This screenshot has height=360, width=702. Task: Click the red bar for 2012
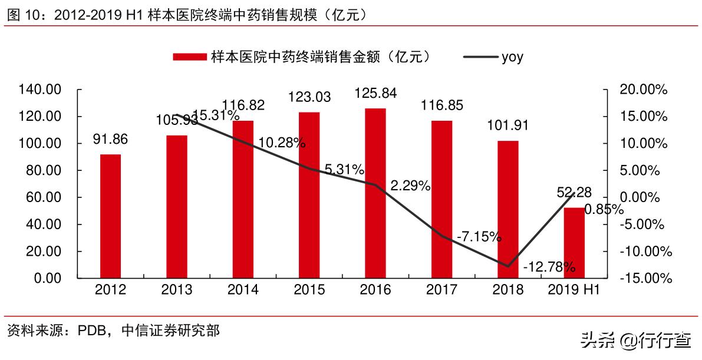[x=110, y=216]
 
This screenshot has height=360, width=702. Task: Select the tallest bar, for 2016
[x=375, y=193]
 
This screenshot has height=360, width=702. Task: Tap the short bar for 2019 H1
[x=574, y=242]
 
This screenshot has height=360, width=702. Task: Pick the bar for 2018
[x=508, y=209]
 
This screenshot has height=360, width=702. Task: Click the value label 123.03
[x=309, y=97]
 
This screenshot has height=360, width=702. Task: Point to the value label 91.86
[x=110, y=140]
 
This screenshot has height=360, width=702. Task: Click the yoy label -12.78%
[x=549, y=267]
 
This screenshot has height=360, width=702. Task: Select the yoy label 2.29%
[x=410, y=186]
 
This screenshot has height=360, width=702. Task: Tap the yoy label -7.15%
[x=479, y=237]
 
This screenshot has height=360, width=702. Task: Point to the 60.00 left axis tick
[x=44, y=197]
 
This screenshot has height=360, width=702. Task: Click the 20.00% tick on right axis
[x=644, y=90]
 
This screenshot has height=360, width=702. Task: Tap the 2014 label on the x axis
[x=243, y=290]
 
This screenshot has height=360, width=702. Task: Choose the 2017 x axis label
[x=441, y=290]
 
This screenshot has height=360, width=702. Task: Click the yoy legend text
[x=512, y=57]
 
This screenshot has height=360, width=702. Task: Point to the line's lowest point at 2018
[x=507, y=266]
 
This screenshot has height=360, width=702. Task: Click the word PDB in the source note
[x=93, y=331]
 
